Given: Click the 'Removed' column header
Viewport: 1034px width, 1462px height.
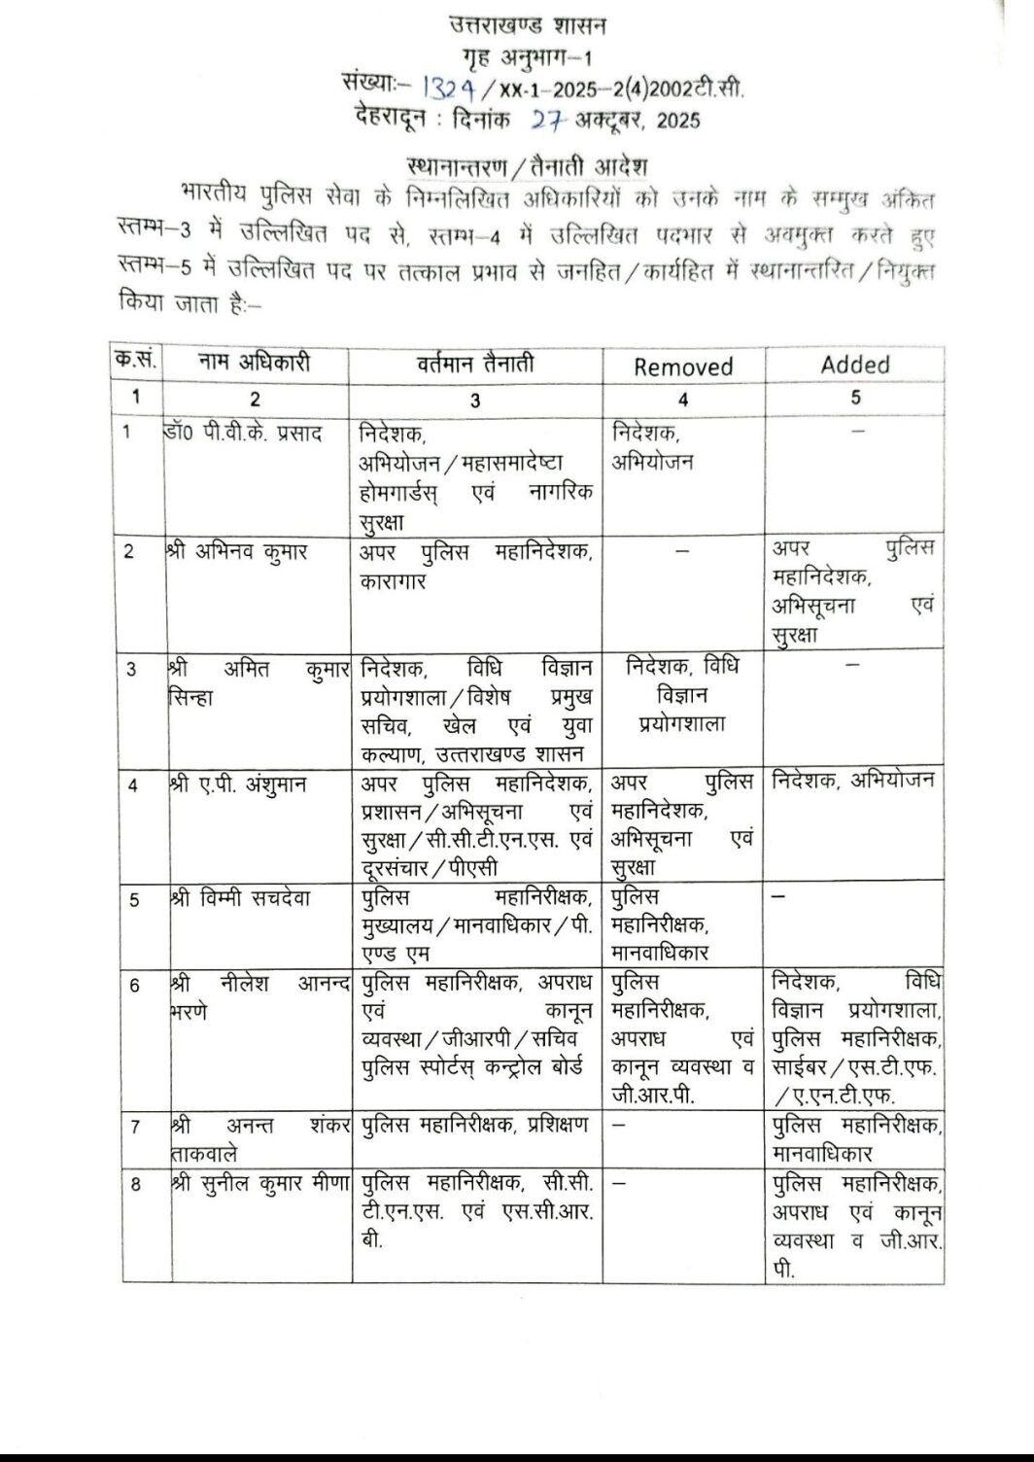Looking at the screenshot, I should point(683,366).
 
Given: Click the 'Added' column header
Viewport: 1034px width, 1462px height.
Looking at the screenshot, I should point(855,365).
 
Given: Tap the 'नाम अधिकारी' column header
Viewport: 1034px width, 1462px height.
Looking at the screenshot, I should point(255,364).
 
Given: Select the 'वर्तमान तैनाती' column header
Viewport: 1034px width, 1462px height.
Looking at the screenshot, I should point(475,365).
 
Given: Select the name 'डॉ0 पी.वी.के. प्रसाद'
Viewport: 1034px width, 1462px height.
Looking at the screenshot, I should point(244,432).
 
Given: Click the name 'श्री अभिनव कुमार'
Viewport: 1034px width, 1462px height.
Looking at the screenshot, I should point(238,552).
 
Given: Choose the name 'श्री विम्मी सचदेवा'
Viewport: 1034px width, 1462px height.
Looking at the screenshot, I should point(240,898).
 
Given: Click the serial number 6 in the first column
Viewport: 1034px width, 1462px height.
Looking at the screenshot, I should point(135,986).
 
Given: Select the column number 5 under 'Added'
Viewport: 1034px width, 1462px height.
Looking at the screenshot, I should point(855,398).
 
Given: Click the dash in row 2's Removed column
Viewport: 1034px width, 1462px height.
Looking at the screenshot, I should point(683,551).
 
